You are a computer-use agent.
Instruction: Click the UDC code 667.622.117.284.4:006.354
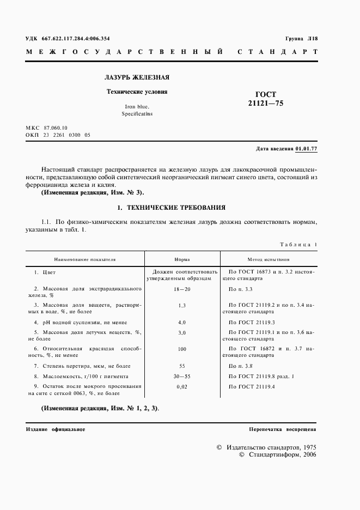(x=76, y=39)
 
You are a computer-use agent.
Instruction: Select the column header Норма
(x=182, y=260)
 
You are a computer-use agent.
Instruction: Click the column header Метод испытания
(x=268, y=260)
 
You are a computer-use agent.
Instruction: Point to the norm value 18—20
(x=182, y=289)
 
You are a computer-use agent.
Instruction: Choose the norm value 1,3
(x=182, y=306)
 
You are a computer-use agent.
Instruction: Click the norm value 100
(x=182, y=349)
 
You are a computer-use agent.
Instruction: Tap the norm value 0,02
(x=182, y=386)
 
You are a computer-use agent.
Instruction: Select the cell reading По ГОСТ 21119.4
(x=252, y=386)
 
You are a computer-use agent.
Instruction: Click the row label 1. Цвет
(x=45, y=271)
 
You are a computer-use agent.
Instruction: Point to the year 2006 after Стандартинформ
(x=309, y=454)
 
